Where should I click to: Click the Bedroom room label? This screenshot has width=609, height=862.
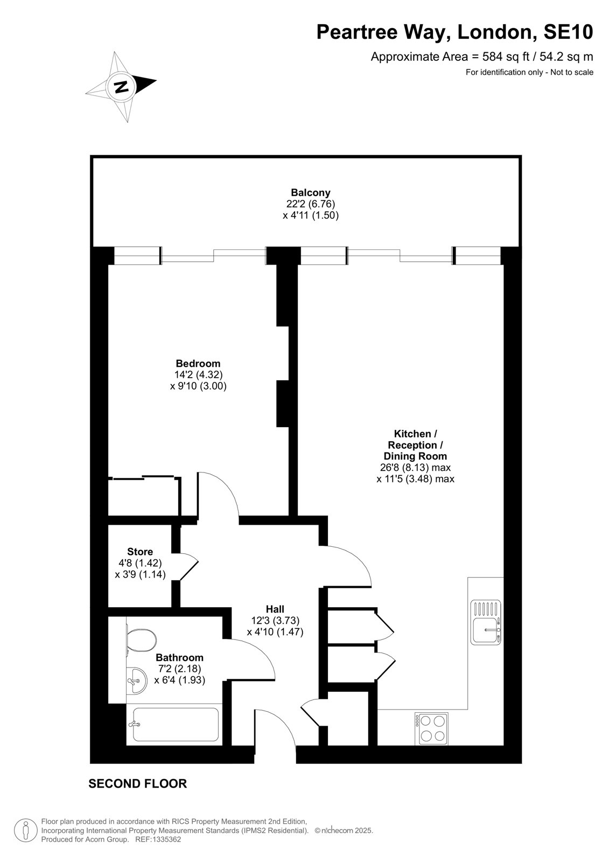198,363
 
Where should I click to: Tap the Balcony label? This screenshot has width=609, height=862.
311,192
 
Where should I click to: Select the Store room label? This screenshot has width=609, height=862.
140,552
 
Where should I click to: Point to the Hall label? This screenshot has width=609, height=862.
275,609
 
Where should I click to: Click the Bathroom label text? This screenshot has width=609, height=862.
179,658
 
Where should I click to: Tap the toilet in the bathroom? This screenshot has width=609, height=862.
141,640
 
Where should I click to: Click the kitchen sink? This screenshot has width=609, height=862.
486,622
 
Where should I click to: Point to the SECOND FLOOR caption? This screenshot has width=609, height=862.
138,784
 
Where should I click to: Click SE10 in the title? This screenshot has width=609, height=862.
568,32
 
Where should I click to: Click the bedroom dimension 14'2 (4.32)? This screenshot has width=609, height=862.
199,374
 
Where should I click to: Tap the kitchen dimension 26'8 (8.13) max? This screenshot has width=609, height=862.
415,468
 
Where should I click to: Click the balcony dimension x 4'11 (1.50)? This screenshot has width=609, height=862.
311,215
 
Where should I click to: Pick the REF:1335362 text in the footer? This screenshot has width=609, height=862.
158,839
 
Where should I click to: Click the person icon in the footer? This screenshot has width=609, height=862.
25,831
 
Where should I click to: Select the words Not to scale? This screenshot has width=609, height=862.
572,72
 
